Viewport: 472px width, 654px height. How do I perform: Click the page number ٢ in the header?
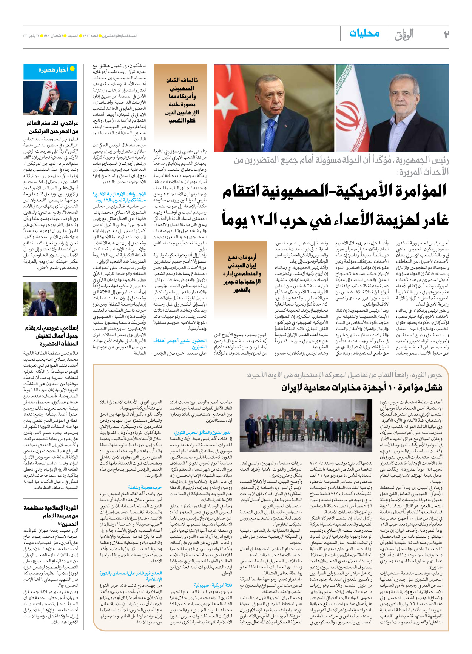point(446,34)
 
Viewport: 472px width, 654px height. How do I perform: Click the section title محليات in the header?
point(364,34)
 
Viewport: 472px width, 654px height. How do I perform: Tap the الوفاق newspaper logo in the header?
point(404,35)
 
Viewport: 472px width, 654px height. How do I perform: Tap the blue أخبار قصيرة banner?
point(50,71)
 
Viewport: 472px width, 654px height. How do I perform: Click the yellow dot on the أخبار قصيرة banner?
point(72,69)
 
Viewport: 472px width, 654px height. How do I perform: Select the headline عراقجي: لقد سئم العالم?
point(52,127)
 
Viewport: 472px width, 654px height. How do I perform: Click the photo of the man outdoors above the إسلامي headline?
point(50,299)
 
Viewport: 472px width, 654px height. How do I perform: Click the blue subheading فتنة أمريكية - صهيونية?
point(213,585)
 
